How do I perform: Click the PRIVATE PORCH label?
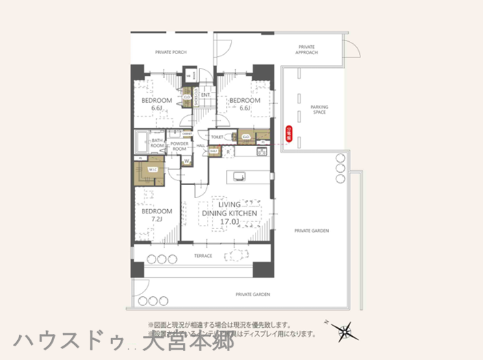coord(171,52)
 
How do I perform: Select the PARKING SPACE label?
coord(319,110)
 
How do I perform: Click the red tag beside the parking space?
coord(288,136)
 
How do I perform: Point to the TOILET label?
coord(217,137)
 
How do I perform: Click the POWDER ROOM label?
coord(179,146)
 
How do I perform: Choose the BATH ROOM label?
coord(158,143)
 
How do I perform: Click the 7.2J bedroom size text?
coord(157,219)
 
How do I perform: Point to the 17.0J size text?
coord(229,222)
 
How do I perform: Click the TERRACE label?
coord(203,256)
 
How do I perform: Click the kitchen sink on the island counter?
coord(239,176)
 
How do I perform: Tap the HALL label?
coord(202,145)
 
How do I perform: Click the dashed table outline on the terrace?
coord(237,256)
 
